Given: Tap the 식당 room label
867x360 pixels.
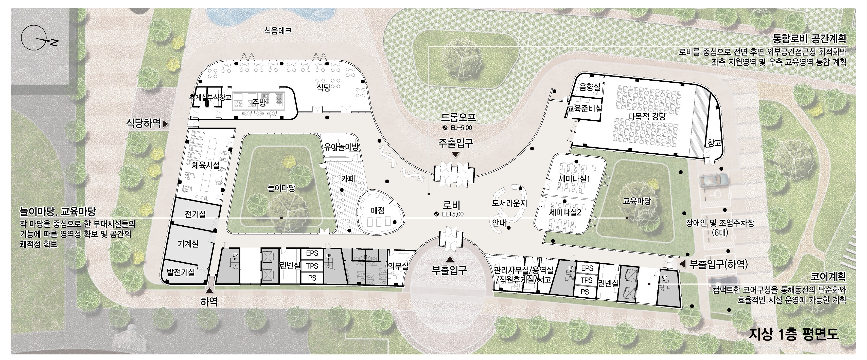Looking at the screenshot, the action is click(323, 88).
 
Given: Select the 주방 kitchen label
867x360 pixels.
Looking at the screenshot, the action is click(259, 103).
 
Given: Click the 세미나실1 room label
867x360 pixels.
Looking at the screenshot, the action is click(574, 179).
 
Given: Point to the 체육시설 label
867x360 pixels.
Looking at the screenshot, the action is click(206, 165).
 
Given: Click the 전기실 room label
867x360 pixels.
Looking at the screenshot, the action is click(195, 214).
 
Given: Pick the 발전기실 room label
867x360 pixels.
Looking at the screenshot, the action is click(181, 272).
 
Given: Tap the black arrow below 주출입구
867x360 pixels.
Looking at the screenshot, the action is click(455, 155).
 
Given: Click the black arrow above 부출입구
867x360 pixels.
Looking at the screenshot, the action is click(449, 259).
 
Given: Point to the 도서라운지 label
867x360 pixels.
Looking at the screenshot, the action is click(509, 203).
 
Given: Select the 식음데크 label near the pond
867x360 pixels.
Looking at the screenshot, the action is click(278, 31).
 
